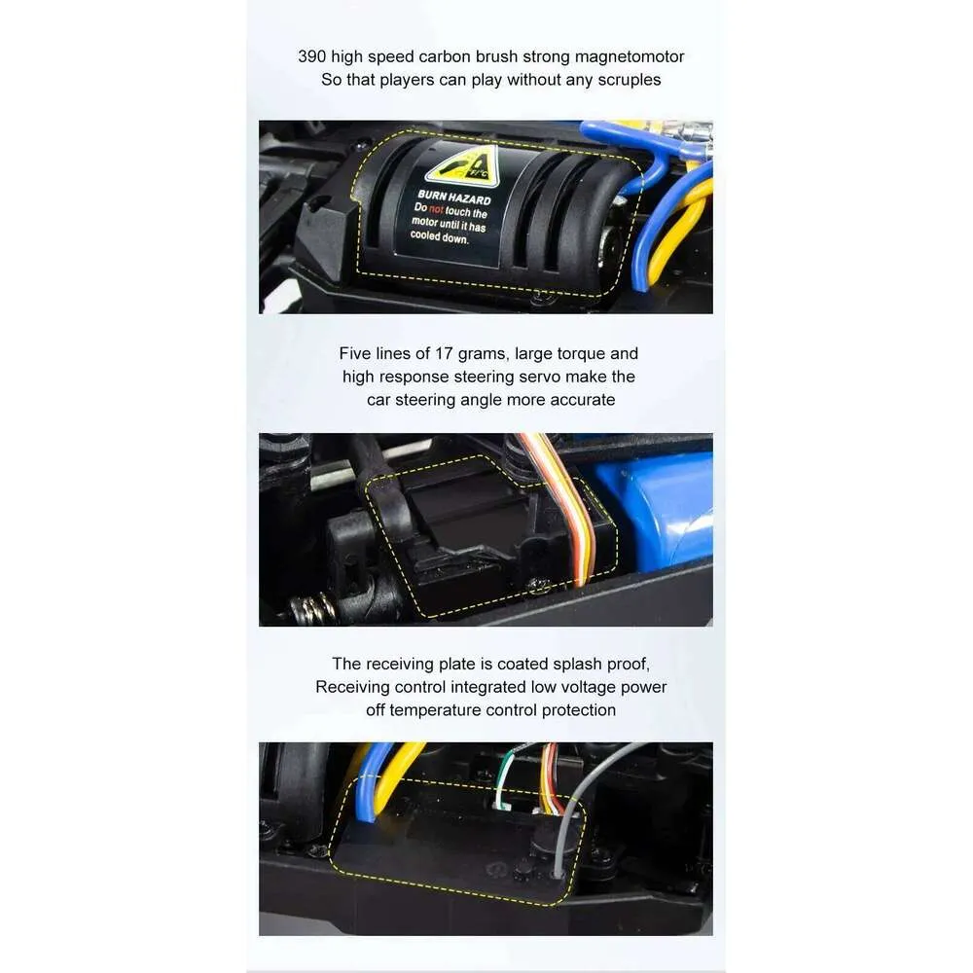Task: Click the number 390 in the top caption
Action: (311, 56)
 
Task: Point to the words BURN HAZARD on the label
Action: (454, 198)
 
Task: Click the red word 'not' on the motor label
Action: (436, 210)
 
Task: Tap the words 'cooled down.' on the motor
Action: (440, 236)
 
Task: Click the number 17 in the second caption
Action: (443, 354)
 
